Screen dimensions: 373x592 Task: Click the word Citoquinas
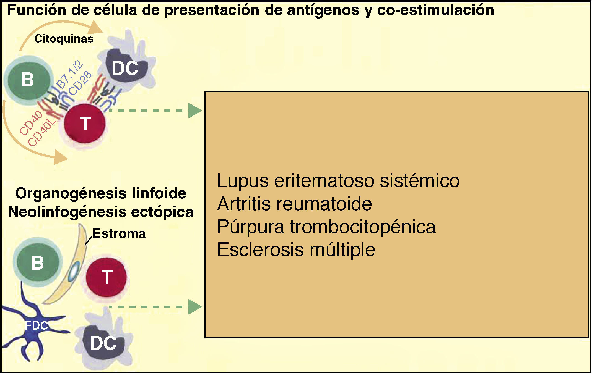tap(64, 39)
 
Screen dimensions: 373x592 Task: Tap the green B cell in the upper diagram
tap(28, 80)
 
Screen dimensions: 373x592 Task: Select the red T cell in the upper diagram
tap(85, 123)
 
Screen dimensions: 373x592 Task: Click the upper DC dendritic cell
tap(126, 68)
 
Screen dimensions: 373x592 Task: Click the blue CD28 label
tap(80, 83)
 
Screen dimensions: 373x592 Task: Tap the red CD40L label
tap(42, 133)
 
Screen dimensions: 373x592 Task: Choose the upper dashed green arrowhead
tap(195, 111)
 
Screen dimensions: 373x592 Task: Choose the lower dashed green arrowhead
tap(195, 306)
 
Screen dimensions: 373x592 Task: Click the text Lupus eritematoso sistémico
tap(338, 181)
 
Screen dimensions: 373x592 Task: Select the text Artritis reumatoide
tap(294, 204)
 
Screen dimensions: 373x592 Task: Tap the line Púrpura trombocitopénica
tap(326, 227)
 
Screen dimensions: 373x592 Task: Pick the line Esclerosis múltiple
tap(296, 250)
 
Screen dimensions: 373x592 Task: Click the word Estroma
tap(119, 234)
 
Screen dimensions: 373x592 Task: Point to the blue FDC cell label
tap(36, 326)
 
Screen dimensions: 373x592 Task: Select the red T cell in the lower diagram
tap(107, 277)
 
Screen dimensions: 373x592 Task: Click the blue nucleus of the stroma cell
tap(74, 272)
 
